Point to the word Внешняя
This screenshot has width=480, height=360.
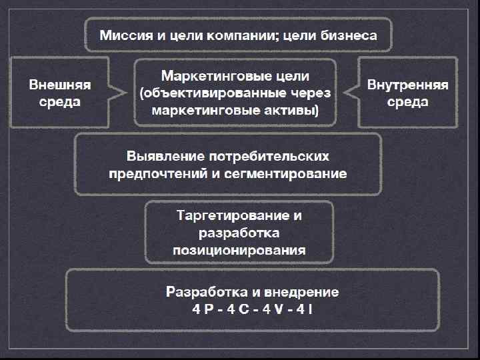[59, 86]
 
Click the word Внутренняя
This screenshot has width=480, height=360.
[407, 86]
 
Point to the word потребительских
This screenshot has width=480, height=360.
[269, 158]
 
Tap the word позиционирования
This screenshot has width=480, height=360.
[239, 251]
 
